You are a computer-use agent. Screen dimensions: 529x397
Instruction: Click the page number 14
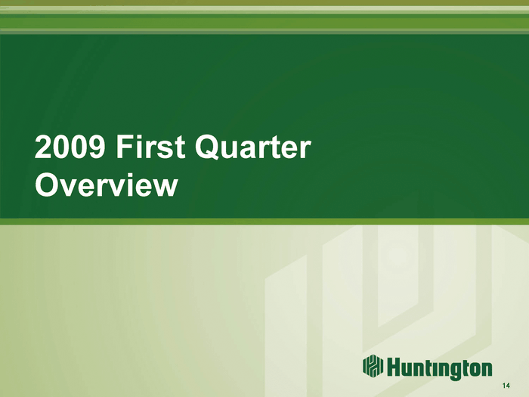coord(506,386)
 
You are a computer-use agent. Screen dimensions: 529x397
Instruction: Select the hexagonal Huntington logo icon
coord(373,365)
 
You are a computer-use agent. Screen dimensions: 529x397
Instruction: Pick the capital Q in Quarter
coord(207,147)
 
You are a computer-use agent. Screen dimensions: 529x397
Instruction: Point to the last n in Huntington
coord(486,369)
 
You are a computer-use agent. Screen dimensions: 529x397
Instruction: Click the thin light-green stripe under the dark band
coord(264,222)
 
